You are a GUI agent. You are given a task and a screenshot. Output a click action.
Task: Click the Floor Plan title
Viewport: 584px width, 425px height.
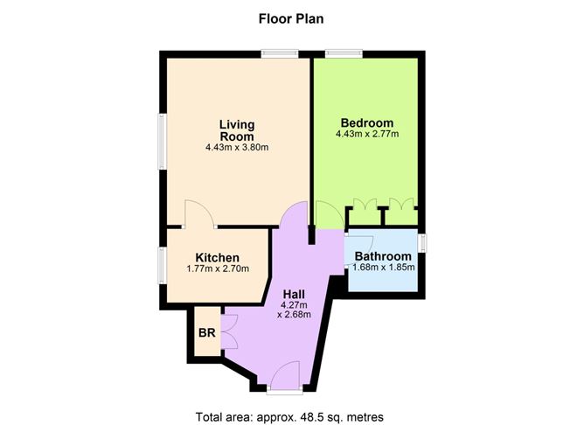291,17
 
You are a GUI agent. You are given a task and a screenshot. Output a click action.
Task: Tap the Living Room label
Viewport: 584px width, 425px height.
237,129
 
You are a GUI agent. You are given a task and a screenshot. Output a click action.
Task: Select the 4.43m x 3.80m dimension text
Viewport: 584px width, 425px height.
237,147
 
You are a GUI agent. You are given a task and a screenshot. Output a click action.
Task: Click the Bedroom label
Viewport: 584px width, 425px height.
367,122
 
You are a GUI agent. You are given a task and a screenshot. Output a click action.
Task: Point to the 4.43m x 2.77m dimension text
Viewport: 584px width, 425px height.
367,135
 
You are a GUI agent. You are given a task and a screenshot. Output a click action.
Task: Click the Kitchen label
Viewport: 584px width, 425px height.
217,257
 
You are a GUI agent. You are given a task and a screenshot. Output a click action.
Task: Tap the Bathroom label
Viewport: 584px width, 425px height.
383,256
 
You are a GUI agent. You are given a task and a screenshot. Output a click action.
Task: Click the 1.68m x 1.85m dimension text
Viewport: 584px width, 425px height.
383,268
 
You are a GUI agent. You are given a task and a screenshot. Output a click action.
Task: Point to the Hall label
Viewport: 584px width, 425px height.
295,295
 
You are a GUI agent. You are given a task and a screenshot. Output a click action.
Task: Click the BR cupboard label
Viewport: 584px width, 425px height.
207,333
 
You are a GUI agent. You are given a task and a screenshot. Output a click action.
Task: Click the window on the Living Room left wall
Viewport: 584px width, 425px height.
161,140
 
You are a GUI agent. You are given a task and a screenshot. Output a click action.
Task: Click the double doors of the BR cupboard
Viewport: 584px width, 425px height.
230,333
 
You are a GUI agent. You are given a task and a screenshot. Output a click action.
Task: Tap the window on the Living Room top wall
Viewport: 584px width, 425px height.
278,53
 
